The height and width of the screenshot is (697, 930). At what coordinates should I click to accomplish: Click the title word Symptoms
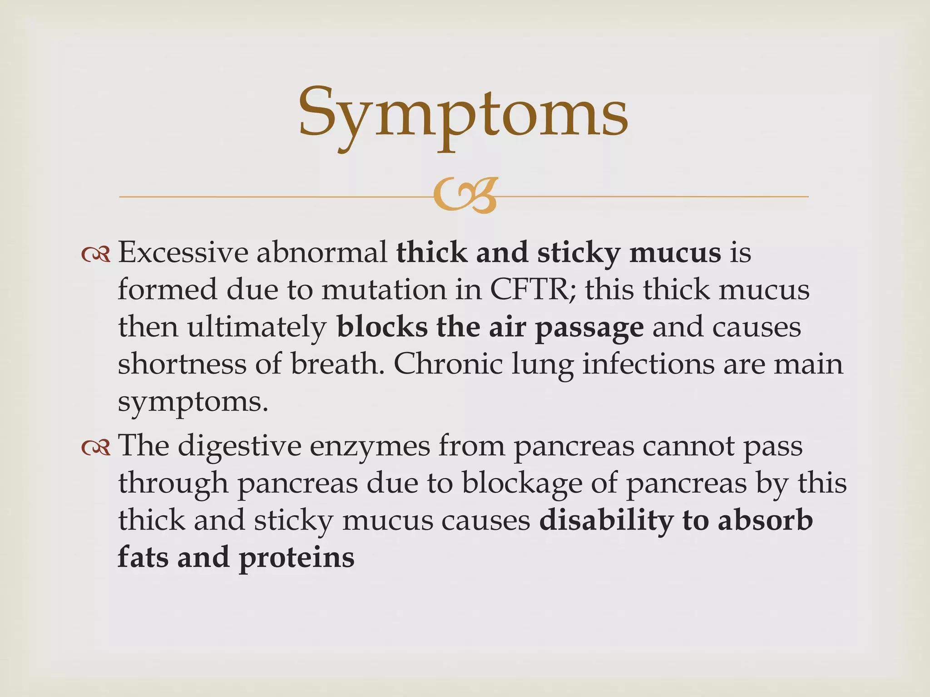click(x=463, y=113)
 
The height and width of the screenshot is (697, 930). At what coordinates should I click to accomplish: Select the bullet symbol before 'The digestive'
click(x=96, y=448)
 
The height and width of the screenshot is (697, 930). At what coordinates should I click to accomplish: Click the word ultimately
click(x=257, y=328)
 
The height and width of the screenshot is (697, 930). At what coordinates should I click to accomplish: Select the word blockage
click(x=522, y=484)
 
